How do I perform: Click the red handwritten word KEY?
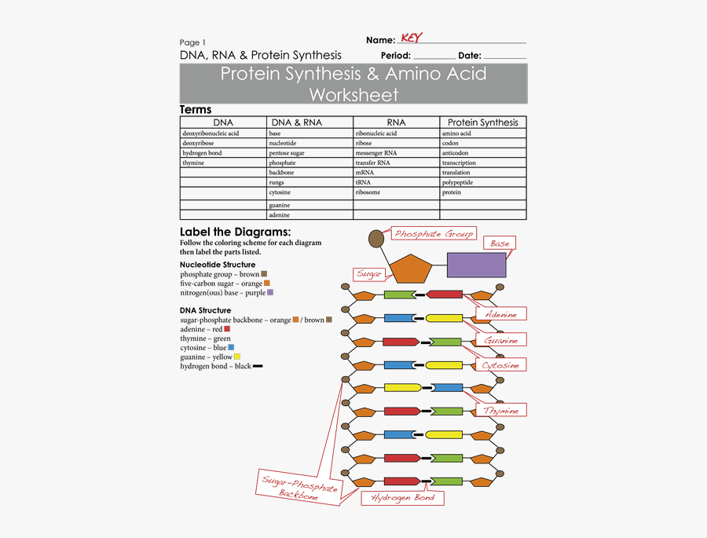pos(411,38)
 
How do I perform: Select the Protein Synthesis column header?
pos(482,123)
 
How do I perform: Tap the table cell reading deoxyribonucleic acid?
pos(211,134)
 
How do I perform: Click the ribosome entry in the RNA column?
pos(368,192)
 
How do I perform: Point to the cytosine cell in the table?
pos(280,192)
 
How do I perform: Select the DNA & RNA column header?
pos(296,123)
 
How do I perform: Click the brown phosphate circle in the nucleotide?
pos(376,237)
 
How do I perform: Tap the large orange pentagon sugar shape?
pos(412,269)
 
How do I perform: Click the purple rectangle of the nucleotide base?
pos(476,265)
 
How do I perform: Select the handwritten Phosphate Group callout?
pos(434,233)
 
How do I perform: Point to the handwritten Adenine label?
pos(501,314)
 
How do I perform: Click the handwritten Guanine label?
pos(501,340)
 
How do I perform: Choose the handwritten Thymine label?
pos(501,411)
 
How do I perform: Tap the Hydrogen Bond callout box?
pos(402,498)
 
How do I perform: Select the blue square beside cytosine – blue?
pos(231,347)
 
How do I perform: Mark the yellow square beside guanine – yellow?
pos(237,357)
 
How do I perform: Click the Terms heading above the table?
pos(196,110)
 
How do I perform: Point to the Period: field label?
pos(396,56)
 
